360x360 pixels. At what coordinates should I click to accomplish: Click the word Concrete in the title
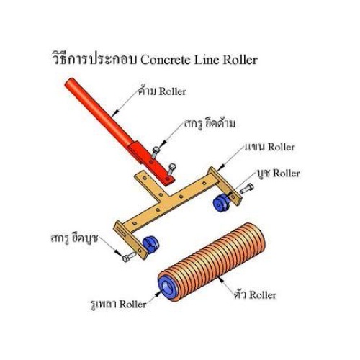tap(166, 60)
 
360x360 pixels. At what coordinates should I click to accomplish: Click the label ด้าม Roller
tap(162, 91)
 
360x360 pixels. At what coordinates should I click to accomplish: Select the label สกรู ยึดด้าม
tap(210, 124)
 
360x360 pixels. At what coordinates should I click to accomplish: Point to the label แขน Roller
tap(269, 147)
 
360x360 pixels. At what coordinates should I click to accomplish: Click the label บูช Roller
tap(279, 174)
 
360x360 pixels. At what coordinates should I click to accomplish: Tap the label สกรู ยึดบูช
tap(75, 239)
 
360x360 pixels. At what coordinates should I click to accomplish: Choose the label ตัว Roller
tap(255, 294)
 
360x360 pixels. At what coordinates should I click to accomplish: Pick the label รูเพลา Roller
tap(119, 305)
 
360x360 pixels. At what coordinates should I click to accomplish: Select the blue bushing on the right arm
tap(221, 203)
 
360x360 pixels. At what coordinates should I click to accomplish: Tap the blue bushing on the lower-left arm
tap(151, 245)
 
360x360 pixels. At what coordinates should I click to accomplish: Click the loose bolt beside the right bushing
tap(246, 189)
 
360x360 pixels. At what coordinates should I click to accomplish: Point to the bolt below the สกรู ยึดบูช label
tap(130, 256)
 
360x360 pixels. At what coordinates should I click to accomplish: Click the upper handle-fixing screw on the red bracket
tap(155, 153)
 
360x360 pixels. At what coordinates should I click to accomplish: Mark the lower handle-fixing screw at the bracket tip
tap(171, 170)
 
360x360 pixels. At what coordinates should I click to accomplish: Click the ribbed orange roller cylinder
tap(212, 262)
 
